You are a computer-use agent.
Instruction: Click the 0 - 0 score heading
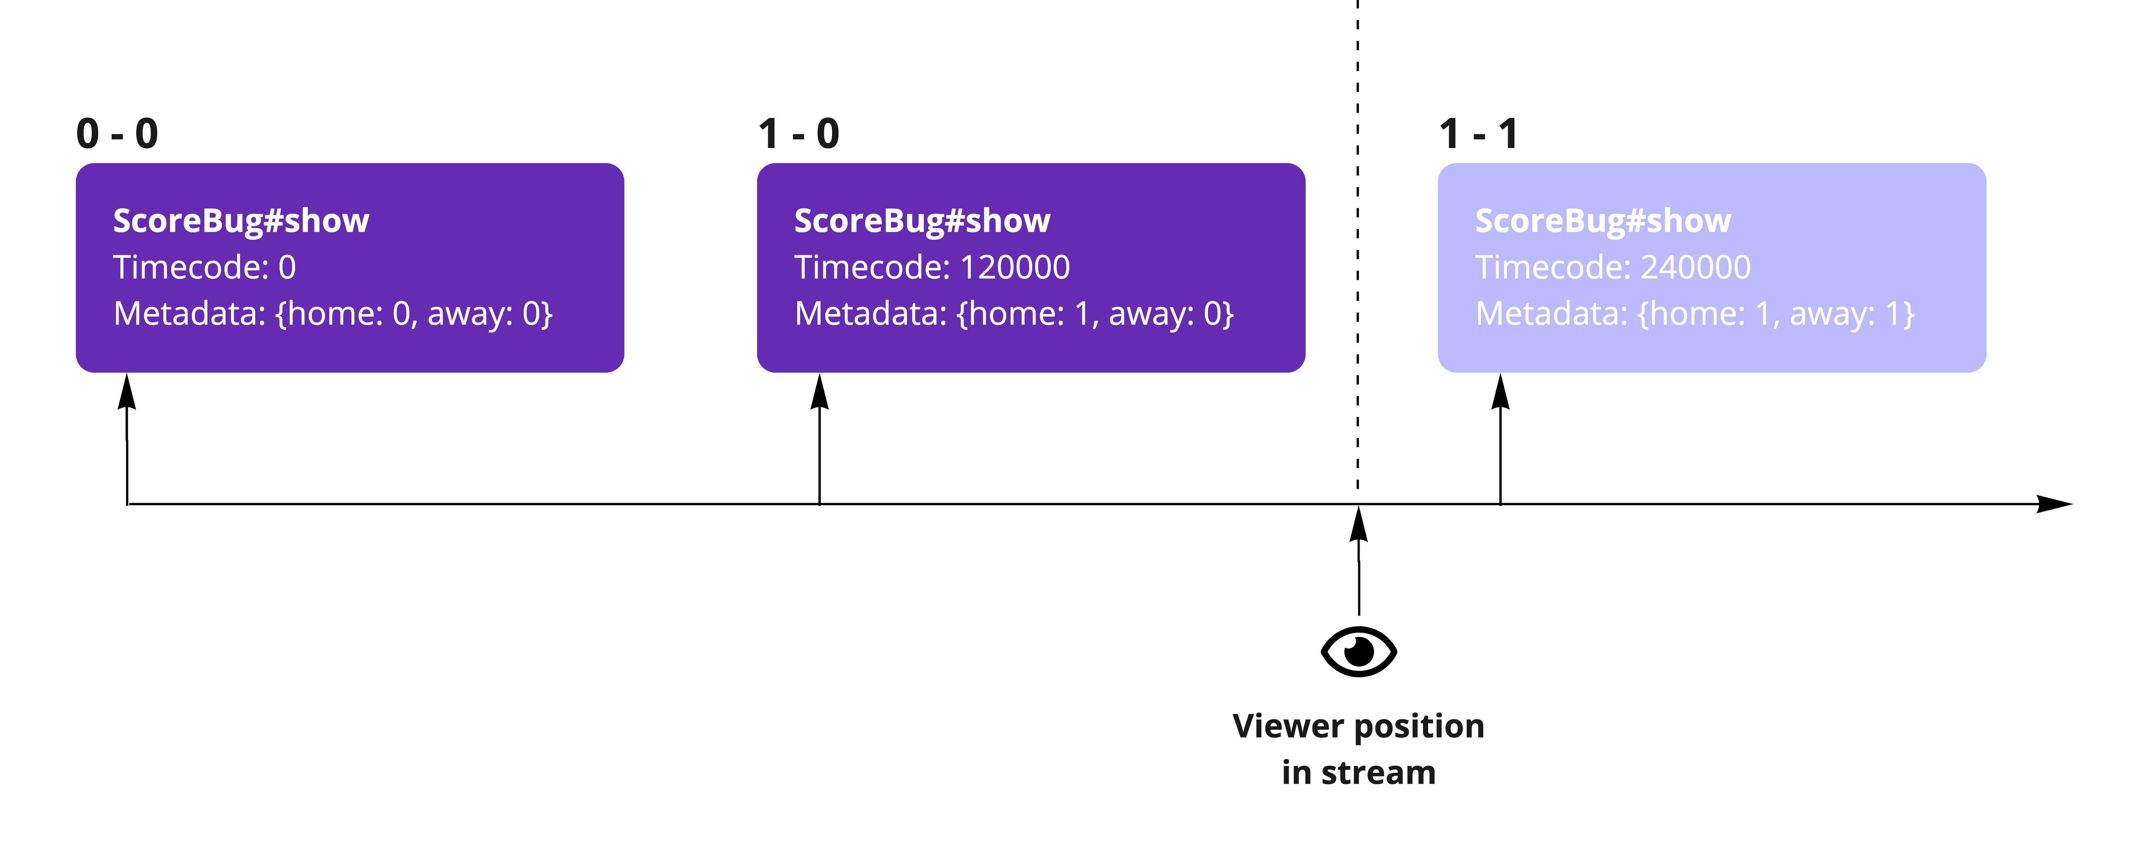pos(117,133)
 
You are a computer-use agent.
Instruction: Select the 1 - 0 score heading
pos(799,133)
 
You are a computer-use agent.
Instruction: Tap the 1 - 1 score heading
pos(1479,133)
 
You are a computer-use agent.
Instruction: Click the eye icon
pos(1359,651)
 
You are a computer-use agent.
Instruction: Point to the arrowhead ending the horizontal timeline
pos(2053,504)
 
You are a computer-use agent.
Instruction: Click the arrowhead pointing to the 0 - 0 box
pos(126,391)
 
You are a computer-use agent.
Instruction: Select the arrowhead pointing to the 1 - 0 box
pos(819,391)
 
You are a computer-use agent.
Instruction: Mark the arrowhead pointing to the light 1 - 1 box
pos(1501,391)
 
